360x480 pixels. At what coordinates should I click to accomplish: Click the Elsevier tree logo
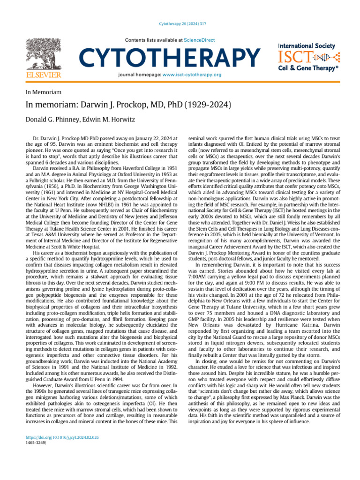[43, 53]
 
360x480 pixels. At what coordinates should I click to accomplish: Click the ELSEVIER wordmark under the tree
[43, 75]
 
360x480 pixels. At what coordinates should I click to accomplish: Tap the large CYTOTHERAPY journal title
[170, 57]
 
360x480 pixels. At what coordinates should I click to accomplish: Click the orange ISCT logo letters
[293, 58]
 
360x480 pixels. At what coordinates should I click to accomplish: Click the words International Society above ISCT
[307, 46]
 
